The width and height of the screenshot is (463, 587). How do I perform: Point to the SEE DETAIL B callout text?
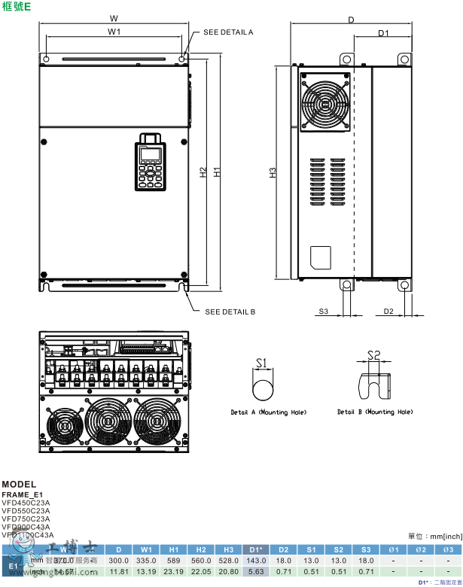pyautogui.click(x=230, y=311)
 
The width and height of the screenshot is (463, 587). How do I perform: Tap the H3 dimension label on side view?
pyautogui.click(x=273, y=172)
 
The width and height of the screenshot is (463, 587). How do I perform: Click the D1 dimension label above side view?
pyautogui.click(x=382, y=33)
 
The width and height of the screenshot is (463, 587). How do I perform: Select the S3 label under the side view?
pyautogui.click(x=323, y=311)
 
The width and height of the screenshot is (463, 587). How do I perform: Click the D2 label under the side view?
pyautogui.click(x=388, y=311)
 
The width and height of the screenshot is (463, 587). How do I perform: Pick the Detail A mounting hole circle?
pyautogui.click(x=262, y=391)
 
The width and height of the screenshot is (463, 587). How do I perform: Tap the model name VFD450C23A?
pyautogui.click(x=26, y=502)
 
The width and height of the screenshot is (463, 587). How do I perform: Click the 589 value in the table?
pyautogui.click(x=174, y=561)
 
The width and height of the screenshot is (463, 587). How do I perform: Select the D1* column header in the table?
pyautogui.click(x=255, y=549)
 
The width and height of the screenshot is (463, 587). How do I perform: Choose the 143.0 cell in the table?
pyautogui.click(x=255, y=561)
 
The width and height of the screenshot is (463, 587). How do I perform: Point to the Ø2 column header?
pyautogui.click(x=421, y=549)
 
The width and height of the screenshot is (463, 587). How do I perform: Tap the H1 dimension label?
pyautogui.click(x=217, y=172)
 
